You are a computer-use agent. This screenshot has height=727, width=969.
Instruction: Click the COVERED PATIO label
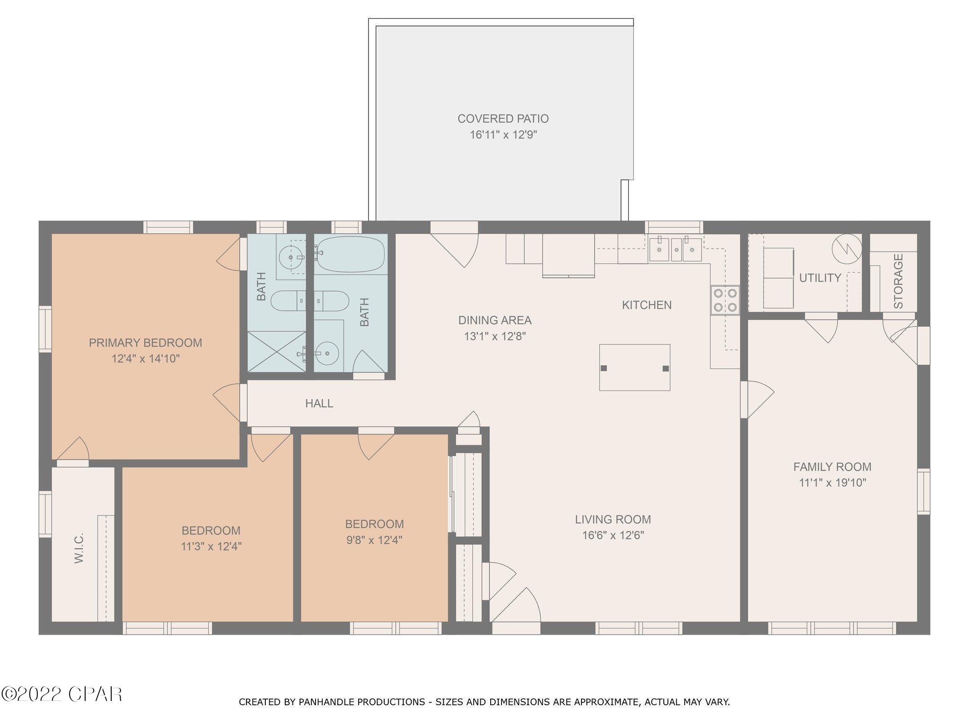[503, 118]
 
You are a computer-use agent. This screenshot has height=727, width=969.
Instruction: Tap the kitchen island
[634, 367]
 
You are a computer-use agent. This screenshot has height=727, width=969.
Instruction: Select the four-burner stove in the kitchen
[725, 300]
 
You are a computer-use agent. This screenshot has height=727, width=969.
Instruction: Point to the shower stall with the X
[277, 351]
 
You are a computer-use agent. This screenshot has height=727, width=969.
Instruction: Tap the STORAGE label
[898, 281]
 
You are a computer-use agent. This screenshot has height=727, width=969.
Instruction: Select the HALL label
[319, 403]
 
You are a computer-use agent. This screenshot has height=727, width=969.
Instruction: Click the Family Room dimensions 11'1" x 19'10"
[832, 483]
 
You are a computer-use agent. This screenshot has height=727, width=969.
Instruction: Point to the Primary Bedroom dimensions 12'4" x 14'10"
[146, 359]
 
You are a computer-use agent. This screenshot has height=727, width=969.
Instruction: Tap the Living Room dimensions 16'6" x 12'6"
[613, 535]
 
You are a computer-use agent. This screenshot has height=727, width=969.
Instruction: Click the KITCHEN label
[647, 305]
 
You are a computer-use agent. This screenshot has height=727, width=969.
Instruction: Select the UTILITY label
[820, 278]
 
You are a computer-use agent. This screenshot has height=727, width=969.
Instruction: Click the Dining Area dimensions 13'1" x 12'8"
[495, 337]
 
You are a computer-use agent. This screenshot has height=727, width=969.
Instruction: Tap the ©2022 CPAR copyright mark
[62, 694]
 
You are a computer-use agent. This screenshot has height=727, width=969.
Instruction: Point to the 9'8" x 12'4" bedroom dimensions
[374, 540]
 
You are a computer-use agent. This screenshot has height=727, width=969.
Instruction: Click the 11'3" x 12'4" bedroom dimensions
[211, 547]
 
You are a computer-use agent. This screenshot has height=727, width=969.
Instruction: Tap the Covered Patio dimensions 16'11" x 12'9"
[503, 135]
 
